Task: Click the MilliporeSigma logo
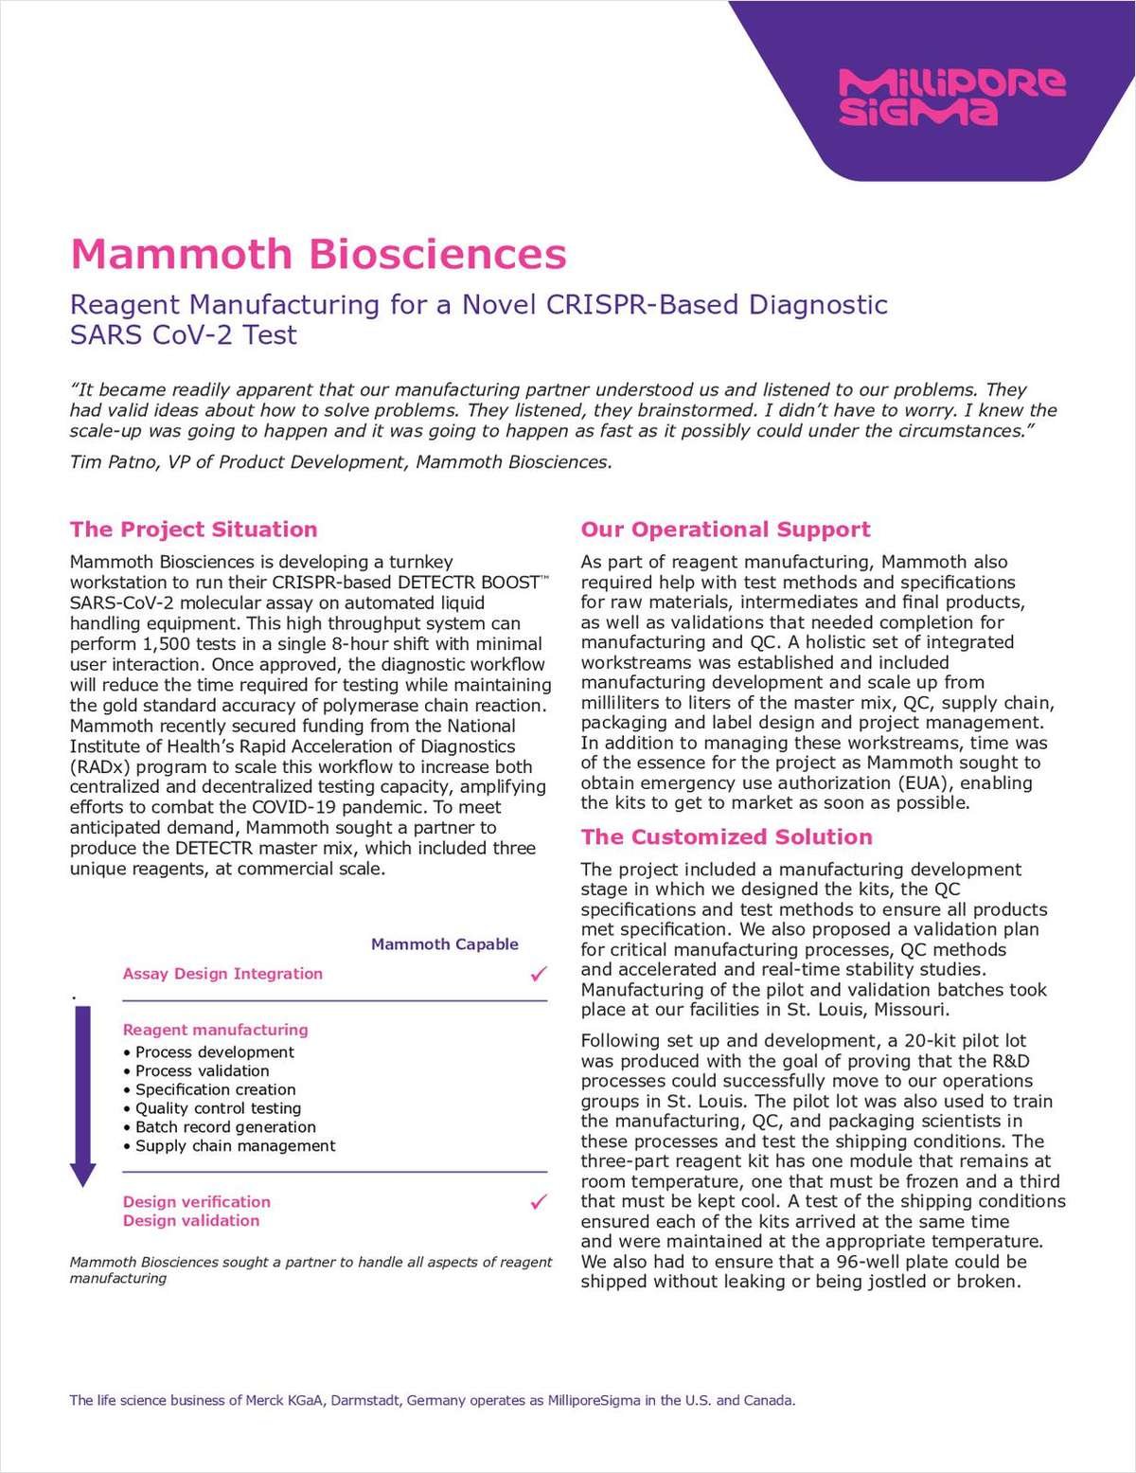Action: click(x=950, y=97)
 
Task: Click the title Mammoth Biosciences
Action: click(x=318, y=254)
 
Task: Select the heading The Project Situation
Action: click(x=193, y=530)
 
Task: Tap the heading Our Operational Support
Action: click(x=725, y=530)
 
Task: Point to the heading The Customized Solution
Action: click(x=726, y=836)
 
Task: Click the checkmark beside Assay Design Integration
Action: click(x=539, y=974)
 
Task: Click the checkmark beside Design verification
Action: click(x=539, y=1202)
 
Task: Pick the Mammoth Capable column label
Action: click(x=444, y=944)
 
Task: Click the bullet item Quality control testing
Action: click(x=218, y=1108)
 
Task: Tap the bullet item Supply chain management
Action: click(x=235, y=1146)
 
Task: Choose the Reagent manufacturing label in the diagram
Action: click(x=215, y=1030)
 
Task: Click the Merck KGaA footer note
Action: click(x=432, y=1400)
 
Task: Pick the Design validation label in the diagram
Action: click(x=191, y=1221)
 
